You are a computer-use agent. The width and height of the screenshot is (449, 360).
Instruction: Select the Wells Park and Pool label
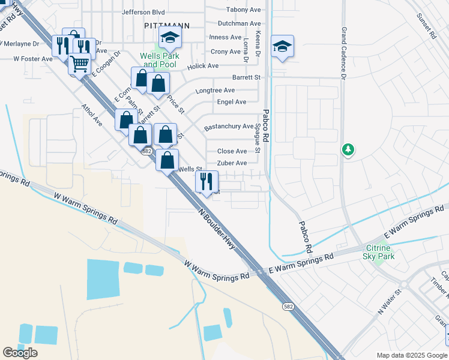pos(158,60)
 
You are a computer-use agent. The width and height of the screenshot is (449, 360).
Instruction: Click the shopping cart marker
pos(79,64)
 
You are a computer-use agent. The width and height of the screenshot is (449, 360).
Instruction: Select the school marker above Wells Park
pos(170,38)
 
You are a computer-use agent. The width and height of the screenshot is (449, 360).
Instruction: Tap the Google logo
pos(20,353)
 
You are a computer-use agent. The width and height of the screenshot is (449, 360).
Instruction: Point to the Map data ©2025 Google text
pos(411,355)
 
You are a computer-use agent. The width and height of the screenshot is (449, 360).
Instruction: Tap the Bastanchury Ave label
pos(229,127)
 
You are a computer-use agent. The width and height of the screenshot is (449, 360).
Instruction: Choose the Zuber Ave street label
pos(232,163)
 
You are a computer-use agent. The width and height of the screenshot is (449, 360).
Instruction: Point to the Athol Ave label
pos(92,116)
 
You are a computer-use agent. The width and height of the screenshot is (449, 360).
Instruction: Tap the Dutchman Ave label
pos(239,23)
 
